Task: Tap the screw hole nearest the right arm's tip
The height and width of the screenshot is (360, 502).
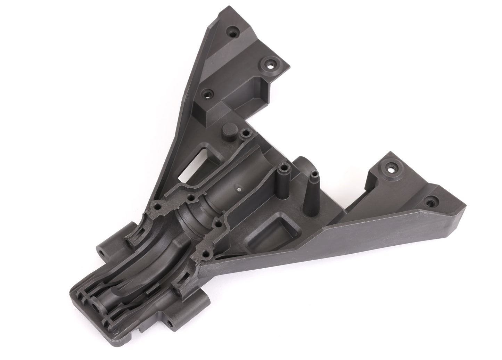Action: click(431, 201)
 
